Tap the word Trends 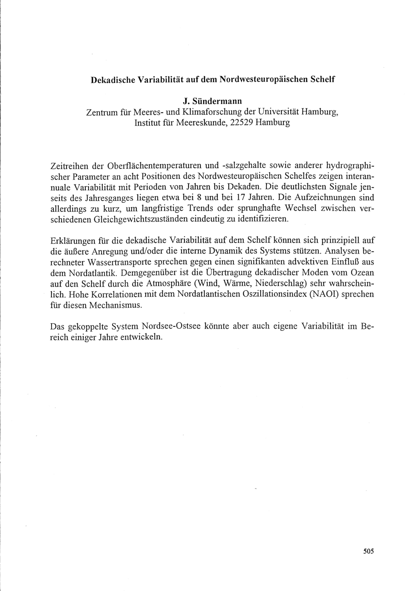coord(195,208)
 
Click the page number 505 coord(368,551)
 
